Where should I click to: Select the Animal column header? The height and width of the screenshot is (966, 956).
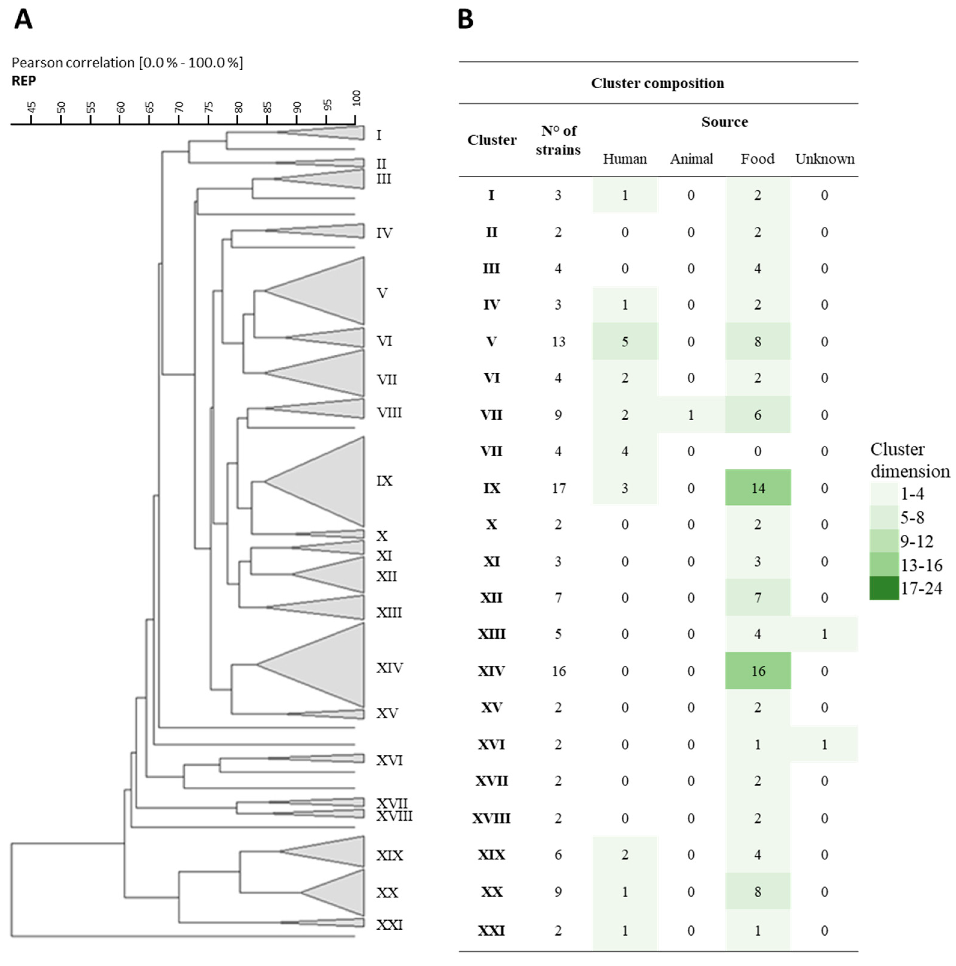pyautogui.click(x=691, y=159)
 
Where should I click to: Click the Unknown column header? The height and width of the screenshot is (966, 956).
pyautogui.click(x=824, y=159)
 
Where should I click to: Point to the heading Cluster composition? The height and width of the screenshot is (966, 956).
pyautogui.click(x=657, y=83)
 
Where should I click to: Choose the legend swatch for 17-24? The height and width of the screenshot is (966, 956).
pyautogui.click(x=884, y=588)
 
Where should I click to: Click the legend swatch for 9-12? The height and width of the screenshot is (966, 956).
pyautogui.click(x=884, y=540)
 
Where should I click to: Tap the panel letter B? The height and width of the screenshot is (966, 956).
pyautogui.click(x=465, y=20)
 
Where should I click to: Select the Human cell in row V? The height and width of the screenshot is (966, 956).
pyautogui.click(x=625, y=342)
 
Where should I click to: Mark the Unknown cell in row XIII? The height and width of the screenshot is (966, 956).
pyautogui.click(x=824, y=634)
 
